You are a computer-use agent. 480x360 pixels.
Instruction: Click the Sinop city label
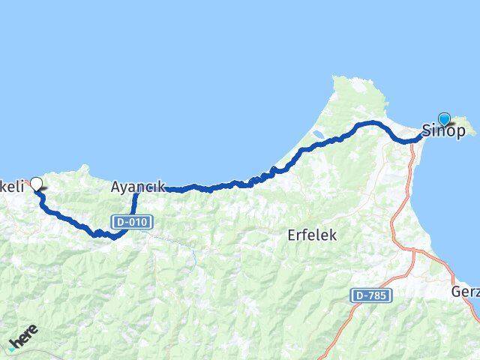point(443,130)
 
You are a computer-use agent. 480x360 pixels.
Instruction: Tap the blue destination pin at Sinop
point(444,118)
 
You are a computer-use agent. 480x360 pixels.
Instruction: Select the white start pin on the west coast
point(35,182)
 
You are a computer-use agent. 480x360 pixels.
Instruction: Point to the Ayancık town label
point(137,187)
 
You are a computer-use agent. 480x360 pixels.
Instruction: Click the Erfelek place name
point(312,235)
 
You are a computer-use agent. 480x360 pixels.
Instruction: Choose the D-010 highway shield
point(133,222)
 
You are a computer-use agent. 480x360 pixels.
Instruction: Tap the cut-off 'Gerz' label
point(466,290)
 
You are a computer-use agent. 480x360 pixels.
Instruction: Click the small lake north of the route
point(316,136)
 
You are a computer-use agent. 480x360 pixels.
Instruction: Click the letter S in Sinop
point(427,130)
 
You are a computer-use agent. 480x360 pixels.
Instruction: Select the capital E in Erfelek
point(292,235)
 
